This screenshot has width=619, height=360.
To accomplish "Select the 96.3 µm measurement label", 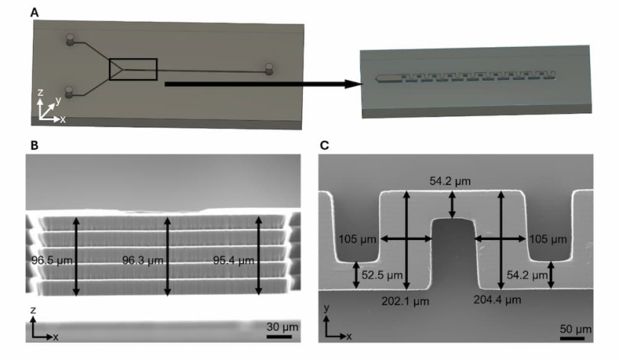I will coord(141,261).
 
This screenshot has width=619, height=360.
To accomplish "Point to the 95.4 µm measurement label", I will coord(233,261).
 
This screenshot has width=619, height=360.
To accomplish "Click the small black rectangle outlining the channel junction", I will coord(133,69).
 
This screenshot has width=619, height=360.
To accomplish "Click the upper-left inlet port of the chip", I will coord(72,40).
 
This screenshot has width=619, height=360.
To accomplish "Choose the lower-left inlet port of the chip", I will coord(69,92).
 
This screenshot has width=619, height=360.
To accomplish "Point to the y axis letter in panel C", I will coord(327,306).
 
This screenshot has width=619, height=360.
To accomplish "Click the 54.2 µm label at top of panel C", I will coord(450,181).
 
